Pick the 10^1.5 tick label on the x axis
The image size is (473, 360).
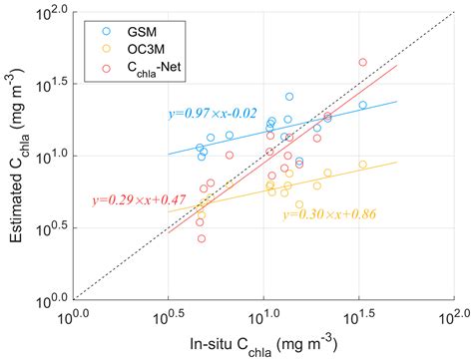pos(358,317)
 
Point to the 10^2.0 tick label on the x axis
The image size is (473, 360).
pos(453,317)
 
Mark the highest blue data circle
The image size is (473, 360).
pos(289,97)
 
